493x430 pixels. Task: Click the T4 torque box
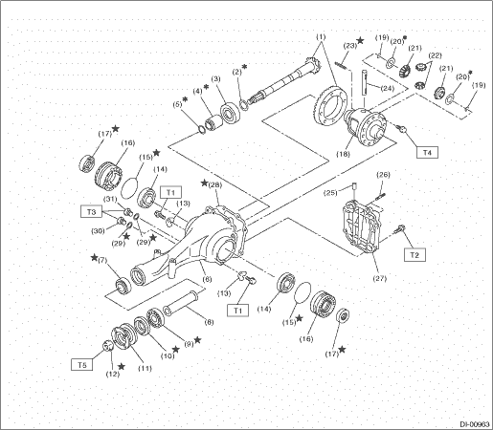click(427, 152)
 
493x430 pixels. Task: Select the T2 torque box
click(415, 255)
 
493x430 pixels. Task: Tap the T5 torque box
click(82, 365)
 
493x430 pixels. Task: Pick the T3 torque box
click(91, 211)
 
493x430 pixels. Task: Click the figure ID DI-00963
click(475, 424)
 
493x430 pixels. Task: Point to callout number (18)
click(343, 154)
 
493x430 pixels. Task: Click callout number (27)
click(379, 278)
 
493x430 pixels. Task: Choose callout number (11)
click(145, 369)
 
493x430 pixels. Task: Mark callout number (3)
click(216, 79)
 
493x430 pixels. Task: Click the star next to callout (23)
click(360, 40)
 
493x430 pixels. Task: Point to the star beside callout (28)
click(204, 183)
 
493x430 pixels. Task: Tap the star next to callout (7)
click(94, 257)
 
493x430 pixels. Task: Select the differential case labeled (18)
click(366, 127)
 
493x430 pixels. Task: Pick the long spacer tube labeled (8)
click(180, 302)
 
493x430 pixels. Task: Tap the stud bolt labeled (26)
click(380, 197)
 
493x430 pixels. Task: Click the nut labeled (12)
click(108, 346)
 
